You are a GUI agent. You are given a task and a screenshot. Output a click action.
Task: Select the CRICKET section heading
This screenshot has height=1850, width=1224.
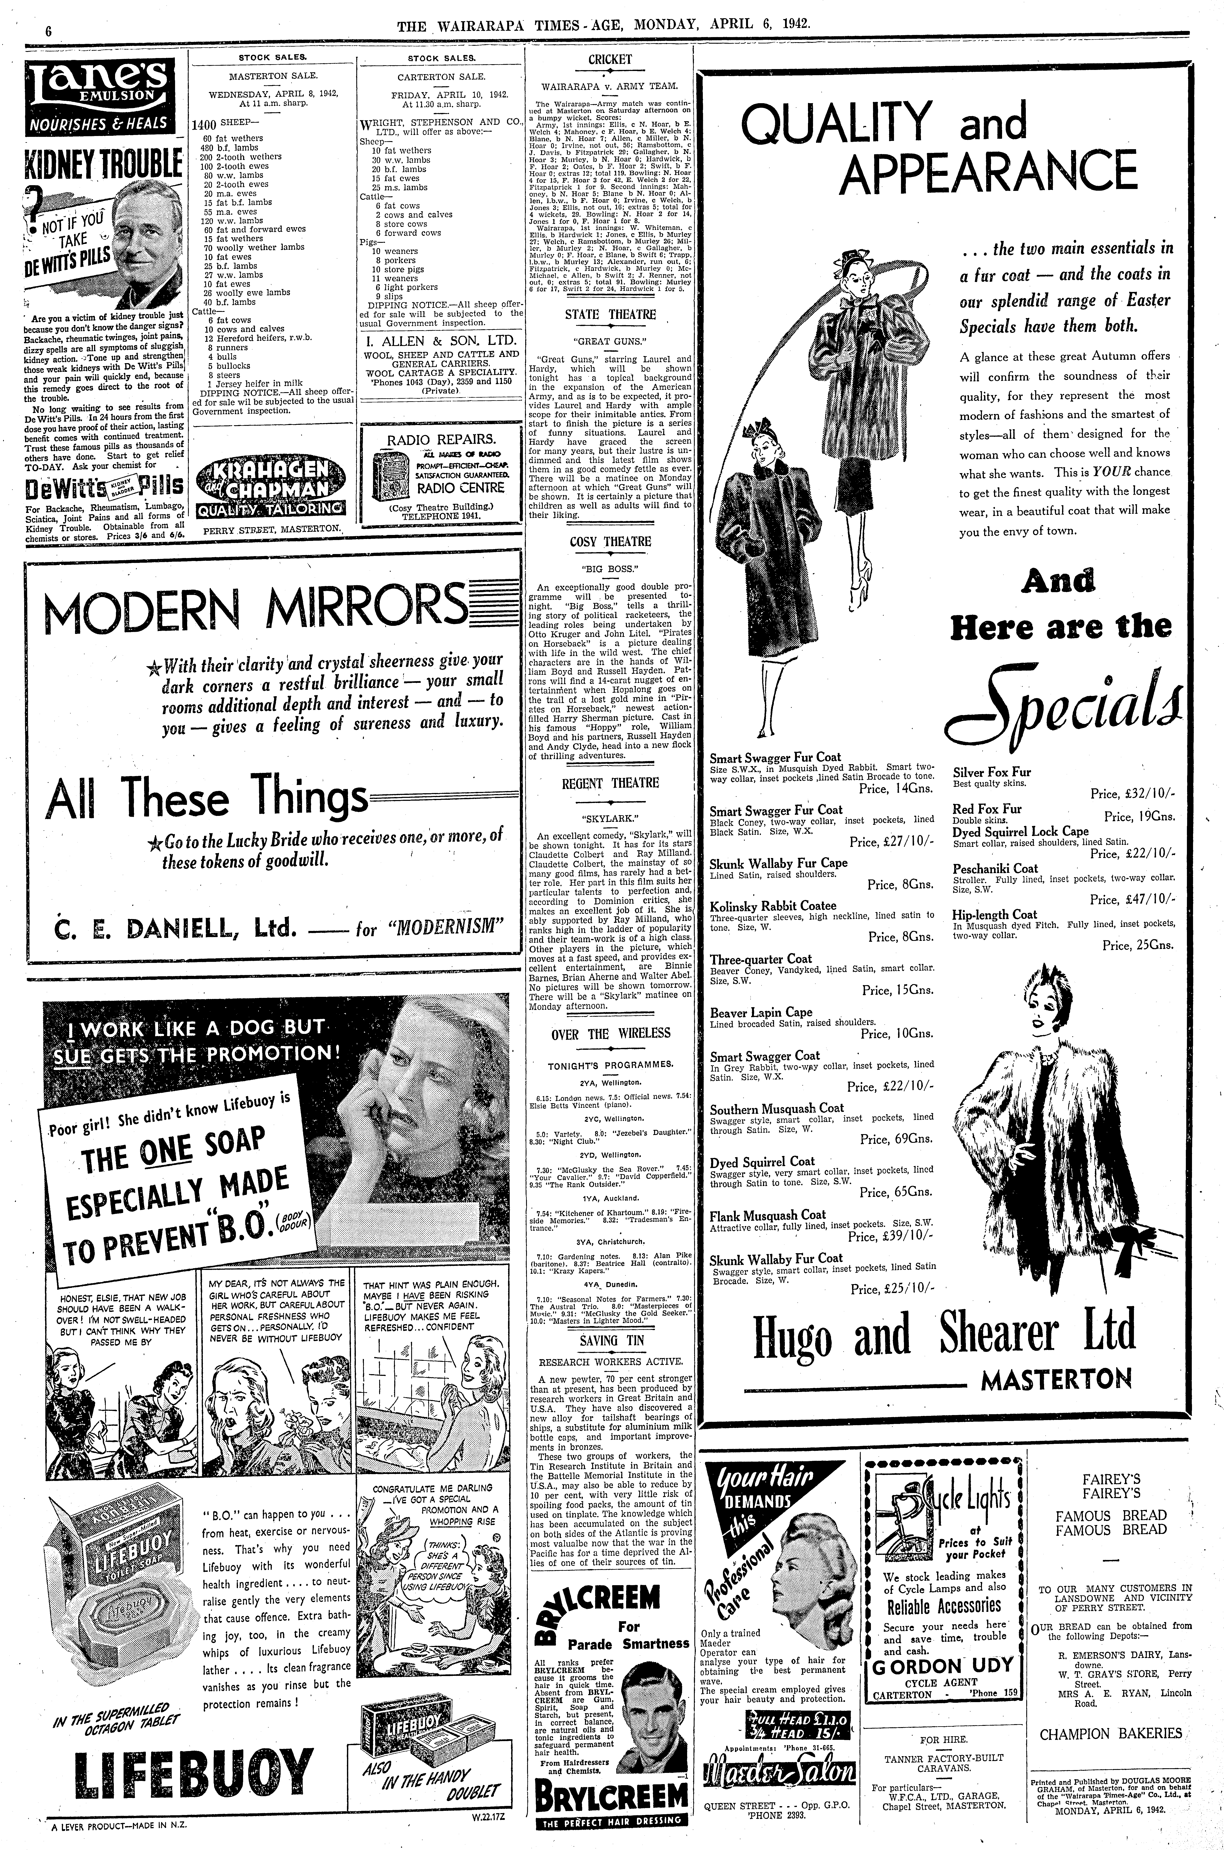pyautogui.click(x=610, y=59)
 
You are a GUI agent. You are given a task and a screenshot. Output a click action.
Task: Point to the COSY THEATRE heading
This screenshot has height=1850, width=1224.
pyautogui.click(x=610, y=542)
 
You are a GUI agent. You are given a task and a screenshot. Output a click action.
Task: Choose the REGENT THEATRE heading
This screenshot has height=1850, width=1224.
pyautogui.click(x=610, y=783)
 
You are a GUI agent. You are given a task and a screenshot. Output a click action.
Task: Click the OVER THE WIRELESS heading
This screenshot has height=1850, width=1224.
pyautogui.click(x=610, y=1033)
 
